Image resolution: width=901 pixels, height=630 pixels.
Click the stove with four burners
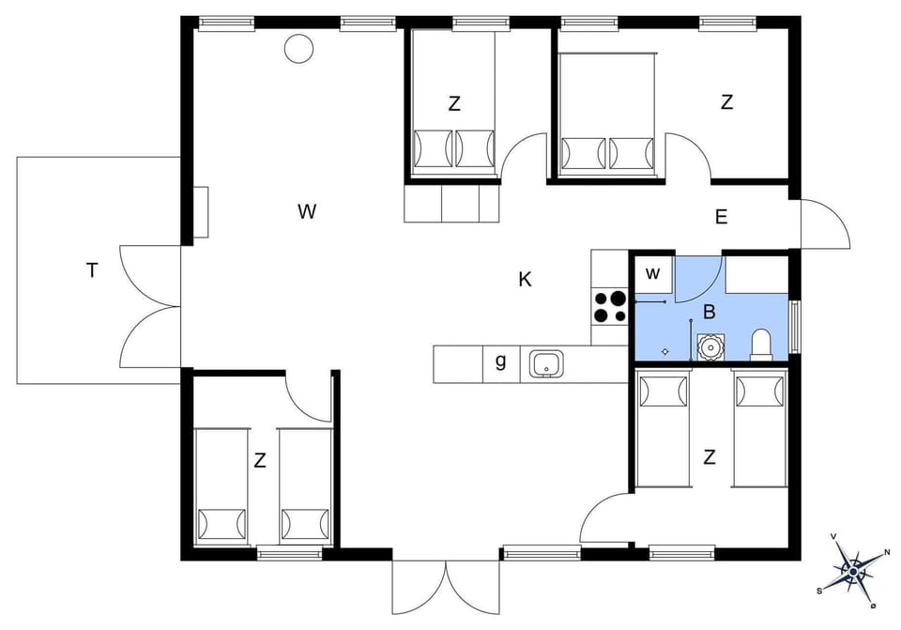(610, 307)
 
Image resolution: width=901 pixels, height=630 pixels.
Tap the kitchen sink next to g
(545, 363)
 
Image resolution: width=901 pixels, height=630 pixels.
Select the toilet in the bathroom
(761, 344)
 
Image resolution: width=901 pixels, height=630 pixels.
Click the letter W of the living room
(307, 212)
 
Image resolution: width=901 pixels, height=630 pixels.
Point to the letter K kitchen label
(526, 279)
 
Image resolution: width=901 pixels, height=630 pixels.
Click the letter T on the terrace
(92, 271)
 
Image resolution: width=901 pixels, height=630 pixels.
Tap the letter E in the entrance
(721, 218)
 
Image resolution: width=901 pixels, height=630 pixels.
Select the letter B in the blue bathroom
(710, 312)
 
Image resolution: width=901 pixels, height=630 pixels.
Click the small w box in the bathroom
(654, 273)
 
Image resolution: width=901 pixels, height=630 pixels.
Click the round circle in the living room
(298, 48)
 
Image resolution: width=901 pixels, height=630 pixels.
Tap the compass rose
(852, 568)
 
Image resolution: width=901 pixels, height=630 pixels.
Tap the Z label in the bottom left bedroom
(260, 461)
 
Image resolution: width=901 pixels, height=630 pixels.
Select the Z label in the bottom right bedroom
(710, 457)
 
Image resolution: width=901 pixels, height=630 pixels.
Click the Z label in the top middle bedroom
(454, 104)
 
